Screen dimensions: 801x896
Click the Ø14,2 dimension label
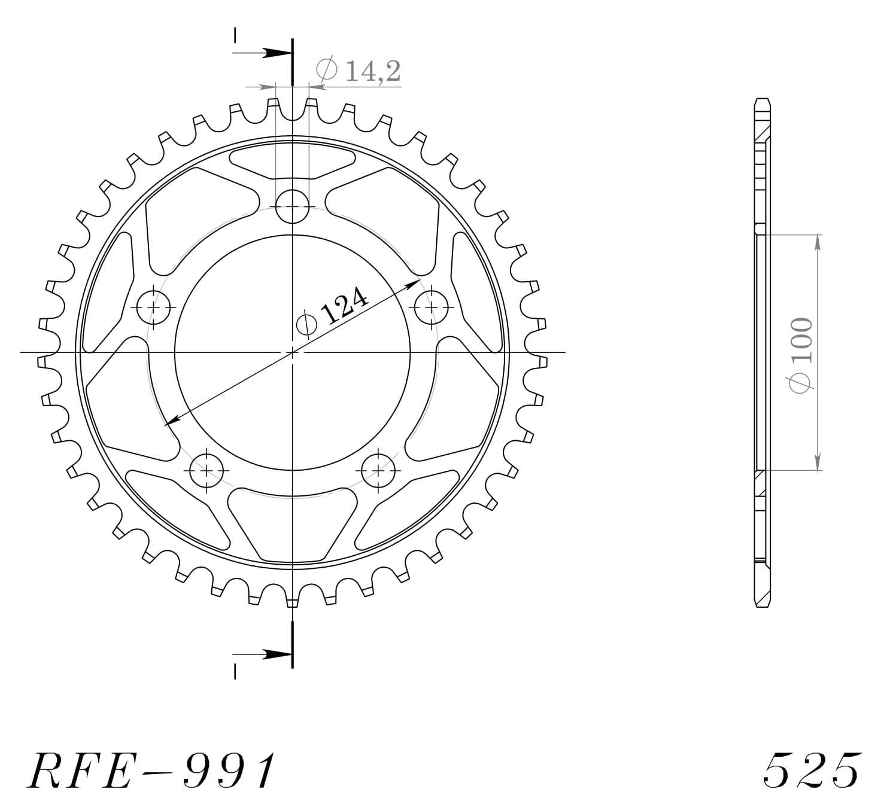tap(358, 71)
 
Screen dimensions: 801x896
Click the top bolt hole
tap(292, 206)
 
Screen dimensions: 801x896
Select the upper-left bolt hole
tap(155, 307)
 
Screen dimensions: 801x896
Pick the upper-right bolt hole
tap(431, 307)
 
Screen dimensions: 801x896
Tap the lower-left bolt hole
tap(206, 470)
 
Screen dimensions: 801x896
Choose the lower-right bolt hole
tap(379, 470)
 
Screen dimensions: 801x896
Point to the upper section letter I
tap(235, 36)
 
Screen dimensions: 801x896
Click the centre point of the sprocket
tap(292, 352)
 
